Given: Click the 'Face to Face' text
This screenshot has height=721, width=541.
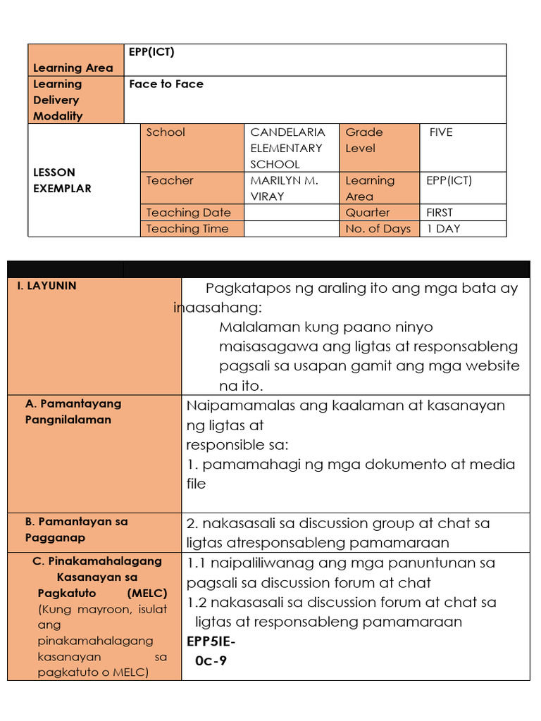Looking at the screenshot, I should (166, 84).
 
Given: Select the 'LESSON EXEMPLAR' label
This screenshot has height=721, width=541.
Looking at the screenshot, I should (62, 180).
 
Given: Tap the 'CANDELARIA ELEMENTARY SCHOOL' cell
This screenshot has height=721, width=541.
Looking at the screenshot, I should (287, 148).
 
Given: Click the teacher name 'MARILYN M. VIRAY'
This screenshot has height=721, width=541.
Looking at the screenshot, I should (285, 188).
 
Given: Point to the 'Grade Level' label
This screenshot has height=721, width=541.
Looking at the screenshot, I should (363, 140).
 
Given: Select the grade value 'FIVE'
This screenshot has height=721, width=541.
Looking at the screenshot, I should (441, 132).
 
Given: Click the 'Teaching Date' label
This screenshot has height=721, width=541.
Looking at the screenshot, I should (188, 213).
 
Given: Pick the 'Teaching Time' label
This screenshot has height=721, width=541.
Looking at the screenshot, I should (187, 229).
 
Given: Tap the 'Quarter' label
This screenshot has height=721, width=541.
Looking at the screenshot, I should (367, 213).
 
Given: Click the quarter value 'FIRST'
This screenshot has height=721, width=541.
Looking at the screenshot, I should (440, 213).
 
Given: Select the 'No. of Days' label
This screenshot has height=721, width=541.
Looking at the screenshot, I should (378, 229).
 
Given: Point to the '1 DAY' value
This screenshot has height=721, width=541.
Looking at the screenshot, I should (443, 229).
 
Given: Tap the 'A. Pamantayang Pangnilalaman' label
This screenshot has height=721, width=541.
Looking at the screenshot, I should (73, 412).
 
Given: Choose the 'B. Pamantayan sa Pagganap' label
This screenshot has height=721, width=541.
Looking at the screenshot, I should (76, 529).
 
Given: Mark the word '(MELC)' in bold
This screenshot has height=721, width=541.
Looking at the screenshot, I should (147, 593).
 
